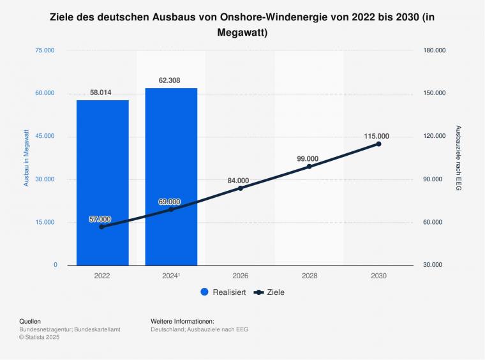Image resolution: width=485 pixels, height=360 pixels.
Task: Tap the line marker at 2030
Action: [378, 144]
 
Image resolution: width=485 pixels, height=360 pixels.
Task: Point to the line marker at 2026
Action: [240, 188]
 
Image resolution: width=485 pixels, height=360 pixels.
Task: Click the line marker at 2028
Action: [310, 167]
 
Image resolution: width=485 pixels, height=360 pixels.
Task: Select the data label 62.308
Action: [170, 80]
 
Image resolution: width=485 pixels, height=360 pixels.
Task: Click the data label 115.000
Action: [377, 136]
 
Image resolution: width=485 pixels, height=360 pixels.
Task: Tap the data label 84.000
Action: [238, 181]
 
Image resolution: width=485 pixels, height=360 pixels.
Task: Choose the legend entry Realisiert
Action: [223, 292]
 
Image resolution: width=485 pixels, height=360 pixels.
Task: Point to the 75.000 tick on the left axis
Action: [45, 50]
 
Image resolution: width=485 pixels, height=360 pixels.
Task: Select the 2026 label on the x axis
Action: [240, 276]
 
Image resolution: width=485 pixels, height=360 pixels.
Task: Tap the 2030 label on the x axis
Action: [378, 276]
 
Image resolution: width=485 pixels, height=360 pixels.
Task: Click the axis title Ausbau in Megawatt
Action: [26, 158]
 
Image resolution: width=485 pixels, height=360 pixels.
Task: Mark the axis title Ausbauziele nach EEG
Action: [458, 158]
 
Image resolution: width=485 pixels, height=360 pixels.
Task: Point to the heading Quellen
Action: [30, 321]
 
